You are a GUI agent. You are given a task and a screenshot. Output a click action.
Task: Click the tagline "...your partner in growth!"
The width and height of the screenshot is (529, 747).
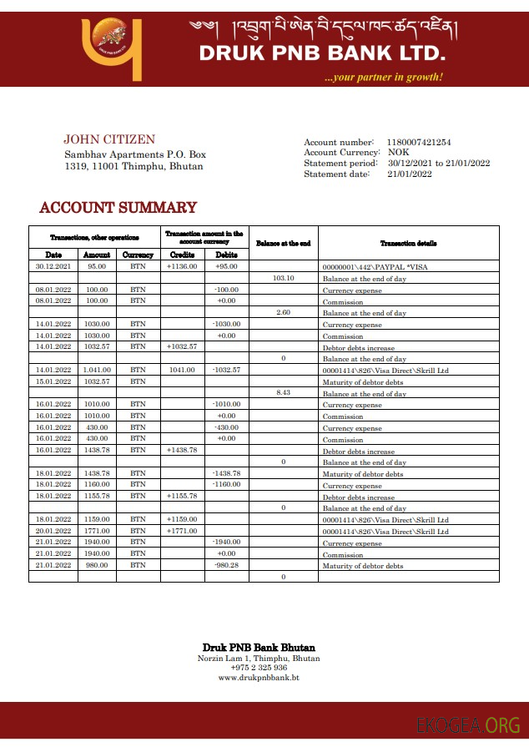coord(384,78)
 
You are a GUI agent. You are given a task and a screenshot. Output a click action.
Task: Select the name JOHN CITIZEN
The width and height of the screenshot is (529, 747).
coord(109,139)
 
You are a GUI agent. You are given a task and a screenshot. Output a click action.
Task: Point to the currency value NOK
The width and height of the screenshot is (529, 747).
coord(399,153)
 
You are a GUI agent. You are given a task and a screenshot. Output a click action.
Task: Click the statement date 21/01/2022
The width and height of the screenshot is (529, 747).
coord(410,174)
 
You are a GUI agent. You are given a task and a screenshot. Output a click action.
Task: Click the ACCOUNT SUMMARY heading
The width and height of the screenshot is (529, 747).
coord(118,208)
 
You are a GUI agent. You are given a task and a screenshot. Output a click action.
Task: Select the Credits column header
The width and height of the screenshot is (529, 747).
coord(182,255)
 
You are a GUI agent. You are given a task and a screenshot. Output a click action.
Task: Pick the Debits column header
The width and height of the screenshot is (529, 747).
coord(226,255)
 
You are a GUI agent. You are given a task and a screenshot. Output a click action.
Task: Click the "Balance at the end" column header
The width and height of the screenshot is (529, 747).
coord(283,243)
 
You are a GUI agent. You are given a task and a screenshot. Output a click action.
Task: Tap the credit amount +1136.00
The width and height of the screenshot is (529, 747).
coord(182,266)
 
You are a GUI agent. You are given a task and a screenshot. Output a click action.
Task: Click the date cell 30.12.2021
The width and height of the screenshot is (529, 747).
coord(53,266)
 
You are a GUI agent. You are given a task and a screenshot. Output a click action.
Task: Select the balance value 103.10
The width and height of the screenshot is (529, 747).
coord(284,278)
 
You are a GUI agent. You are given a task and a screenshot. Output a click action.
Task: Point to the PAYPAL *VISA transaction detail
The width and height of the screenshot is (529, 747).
coord(368,267)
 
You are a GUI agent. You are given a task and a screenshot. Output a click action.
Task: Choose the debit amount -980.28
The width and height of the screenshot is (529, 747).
coord(226,565)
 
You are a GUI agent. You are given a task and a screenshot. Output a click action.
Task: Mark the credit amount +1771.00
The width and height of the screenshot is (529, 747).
coord(182,531)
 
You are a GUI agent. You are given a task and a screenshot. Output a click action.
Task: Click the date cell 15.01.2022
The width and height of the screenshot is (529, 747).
coord(53,381)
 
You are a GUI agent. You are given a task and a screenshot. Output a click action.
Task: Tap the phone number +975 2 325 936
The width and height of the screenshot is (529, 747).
coord(259,668)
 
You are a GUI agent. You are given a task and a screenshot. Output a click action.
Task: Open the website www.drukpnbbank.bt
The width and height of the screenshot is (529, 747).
coord(259,678)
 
